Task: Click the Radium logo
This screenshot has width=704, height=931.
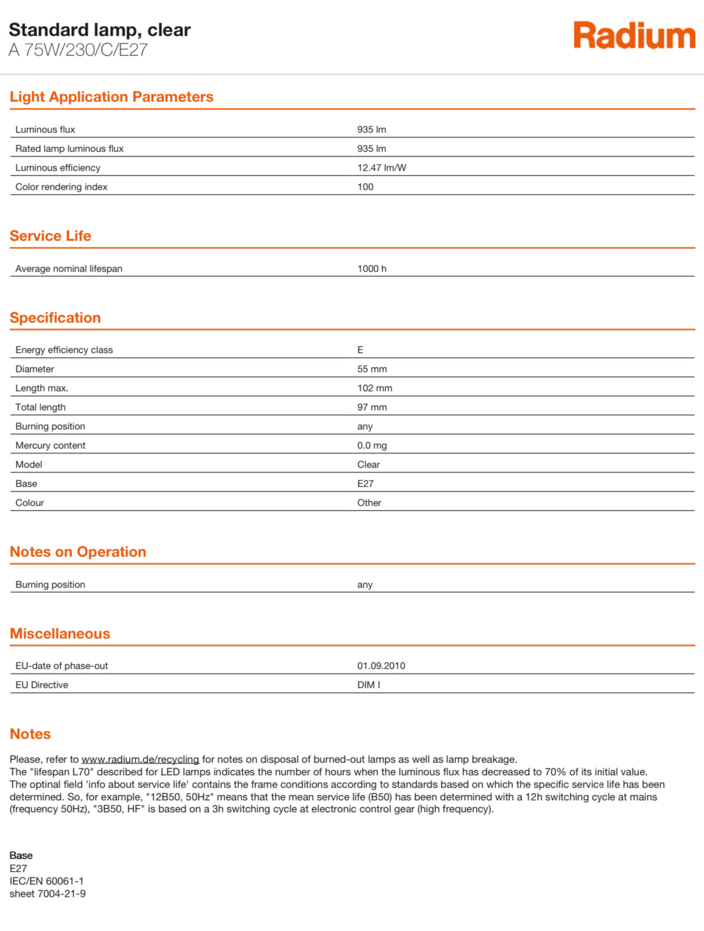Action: [634, 36]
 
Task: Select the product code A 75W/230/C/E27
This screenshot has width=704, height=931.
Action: [78, 50]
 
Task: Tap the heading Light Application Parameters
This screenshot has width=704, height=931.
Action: [112, 97]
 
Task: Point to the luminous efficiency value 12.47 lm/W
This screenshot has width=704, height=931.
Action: [382, 168]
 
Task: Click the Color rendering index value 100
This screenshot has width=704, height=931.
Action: [365, 187]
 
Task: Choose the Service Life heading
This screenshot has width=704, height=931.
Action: [51, 236]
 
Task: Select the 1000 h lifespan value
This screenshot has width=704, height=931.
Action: [371, 269]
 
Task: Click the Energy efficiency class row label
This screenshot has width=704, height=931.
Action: [64, 350]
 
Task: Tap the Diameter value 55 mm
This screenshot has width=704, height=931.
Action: [372, 369]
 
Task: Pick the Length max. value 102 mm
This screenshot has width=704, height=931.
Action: [374, 388]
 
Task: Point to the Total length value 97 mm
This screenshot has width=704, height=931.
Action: [372, 407]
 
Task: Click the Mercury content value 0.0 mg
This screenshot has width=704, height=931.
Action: [372, 445]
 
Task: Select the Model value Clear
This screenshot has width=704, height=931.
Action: [368, 465]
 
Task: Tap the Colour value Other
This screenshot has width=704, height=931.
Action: [369, 503]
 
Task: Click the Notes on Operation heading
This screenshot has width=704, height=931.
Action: [78, 552]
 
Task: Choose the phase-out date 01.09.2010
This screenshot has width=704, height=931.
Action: [381, 666]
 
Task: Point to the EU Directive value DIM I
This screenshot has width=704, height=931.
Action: [368, 685]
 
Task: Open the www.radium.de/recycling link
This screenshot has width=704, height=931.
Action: [140, 760]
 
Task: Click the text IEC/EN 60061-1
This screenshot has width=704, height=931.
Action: [47, 881]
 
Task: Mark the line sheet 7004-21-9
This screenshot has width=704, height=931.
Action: [48, 894]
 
